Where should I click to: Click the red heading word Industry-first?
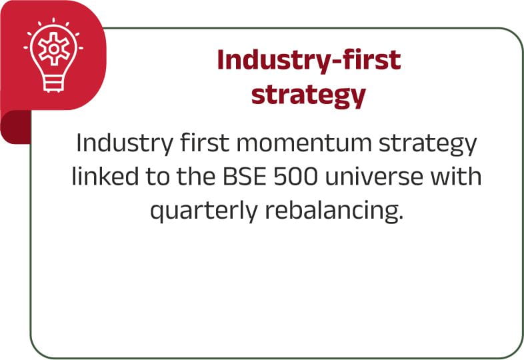pyautogui.click(x=309, y=60)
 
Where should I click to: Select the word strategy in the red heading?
pyautogui.click(x=309, y=96)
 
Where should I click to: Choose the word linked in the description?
pyautogui.click(x=105, y=175)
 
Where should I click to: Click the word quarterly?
pyautogui.click(x=204, y=211)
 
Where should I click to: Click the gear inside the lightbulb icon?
pyautogui.click(x=54, y=49)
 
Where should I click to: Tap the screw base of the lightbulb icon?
pyautogui.click(x=53, y=83)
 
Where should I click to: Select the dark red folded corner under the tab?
pyautogui.click(x=15, y=128)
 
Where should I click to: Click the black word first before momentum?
pyautogui.click(x=205, y=142)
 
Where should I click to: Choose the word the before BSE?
pyautogui.click(x=195, y=175)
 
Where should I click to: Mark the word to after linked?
pyautogui.click(x=157, y=176)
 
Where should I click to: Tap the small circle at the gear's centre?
pyautogui.click(x=54, y=49)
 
